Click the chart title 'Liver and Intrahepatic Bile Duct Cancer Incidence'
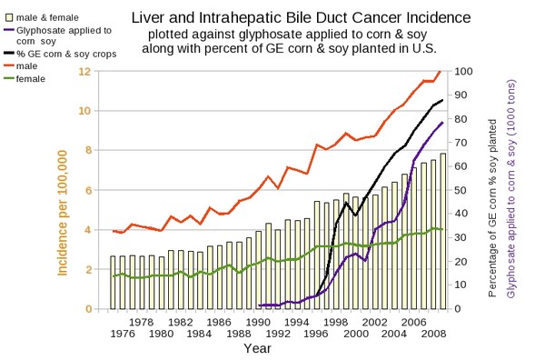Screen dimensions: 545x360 point(301,17)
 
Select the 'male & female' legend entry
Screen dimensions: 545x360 point(42,17)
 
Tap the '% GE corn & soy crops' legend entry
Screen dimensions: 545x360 point(61,54)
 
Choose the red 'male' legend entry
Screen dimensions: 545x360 point(21,66)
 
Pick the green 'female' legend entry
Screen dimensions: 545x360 point(25,79)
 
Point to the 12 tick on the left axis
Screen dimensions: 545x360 point(85,71)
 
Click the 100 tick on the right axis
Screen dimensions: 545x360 point(463,71)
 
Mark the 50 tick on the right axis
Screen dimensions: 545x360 point(461,190)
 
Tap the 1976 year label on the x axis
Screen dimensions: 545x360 point(123,334)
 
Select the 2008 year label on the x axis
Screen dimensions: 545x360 point(433,334)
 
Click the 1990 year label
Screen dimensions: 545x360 point(258,322)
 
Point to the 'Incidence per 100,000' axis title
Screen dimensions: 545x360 point(62,213)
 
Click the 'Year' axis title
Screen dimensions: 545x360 point(257,348)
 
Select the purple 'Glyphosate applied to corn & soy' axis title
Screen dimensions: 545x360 point(511,189)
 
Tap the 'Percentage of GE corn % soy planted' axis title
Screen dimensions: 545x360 point(492,208)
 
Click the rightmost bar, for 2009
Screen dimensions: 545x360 point(443,231)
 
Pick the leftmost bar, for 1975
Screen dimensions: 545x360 point(113,283)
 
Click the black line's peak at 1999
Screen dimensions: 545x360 point(346,202)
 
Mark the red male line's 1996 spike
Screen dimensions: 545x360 point(317,145)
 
